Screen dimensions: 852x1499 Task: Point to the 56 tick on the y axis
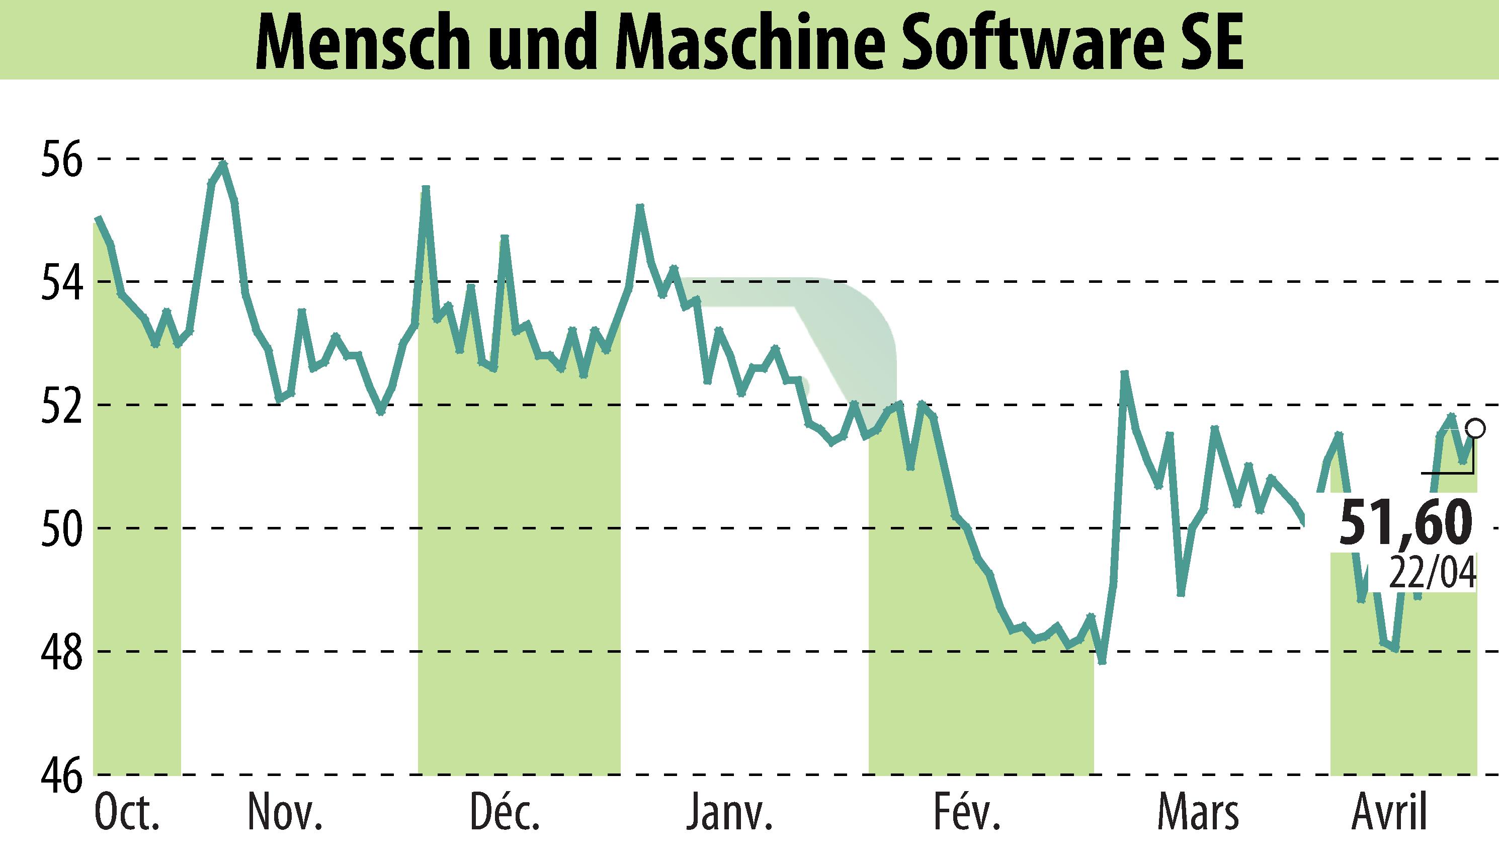[58, 159]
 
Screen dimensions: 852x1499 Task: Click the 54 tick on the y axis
[58, 281]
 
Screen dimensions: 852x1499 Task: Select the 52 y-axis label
[58, 405]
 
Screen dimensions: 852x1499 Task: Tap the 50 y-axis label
[58, 528]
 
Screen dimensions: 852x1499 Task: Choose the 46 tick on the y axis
[58, 775]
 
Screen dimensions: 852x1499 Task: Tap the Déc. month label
[505, 812]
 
